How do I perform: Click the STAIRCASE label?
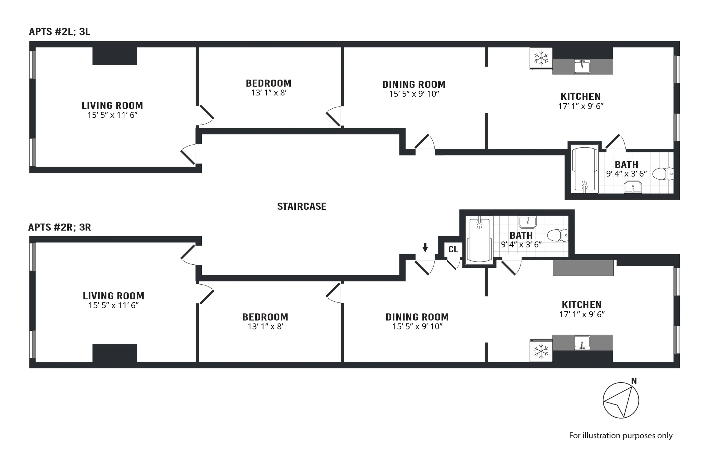click(x=302, y=206)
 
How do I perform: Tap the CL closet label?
click(x=453, y=249)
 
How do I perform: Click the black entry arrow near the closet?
click(x=425, y=247)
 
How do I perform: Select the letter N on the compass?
click(x=634, y=381)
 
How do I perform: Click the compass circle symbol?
click(x=621, y=400)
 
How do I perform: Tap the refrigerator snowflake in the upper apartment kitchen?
click(x=541, y=58)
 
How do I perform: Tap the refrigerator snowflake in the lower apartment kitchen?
click(x=541, y=351)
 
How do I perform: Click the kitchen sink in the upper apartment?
click(x=582, y=66)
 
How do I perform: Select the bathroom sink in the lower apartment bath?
click(x=528, y=222)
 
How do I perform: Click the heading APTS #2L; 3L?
click(x=59, y=31)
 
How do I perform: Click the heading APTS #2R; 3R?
click(x=59, y=227)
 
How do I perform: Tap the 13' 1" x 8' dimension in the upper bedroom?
click(x=269, y=93)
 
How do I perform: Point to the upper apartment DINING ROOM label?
click(x=414, y=85)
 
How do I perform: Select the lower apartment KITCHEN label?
click(x=581, y=305)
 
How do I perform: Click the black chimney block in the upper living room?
click(x=114, y=56)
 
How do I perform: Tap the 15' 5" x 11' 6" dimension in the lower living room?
click(x=113, y=305)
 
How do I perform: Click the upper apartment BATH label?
click(x=627, y=164)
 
